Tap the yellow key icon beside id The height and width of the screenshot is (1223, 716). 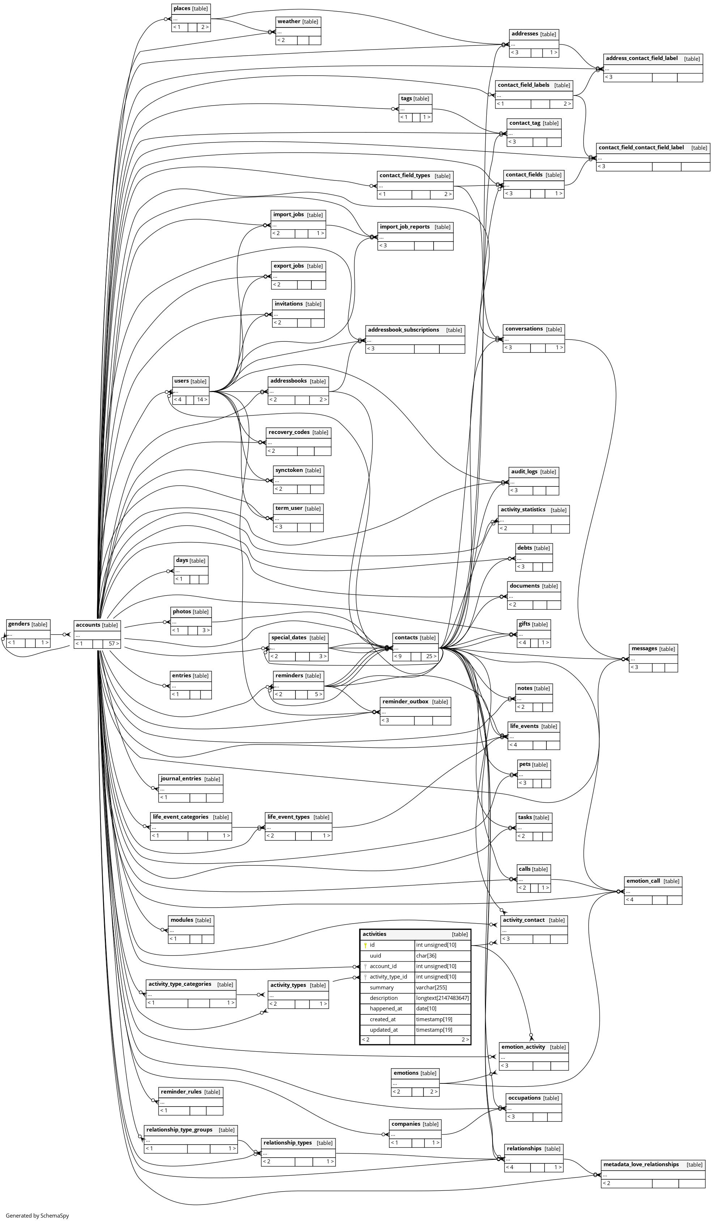click(x=365, y=945)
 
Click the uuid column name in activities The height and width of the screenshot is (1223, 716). click(x=375, y=956)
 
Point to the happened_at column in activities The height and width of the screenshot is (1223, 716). click(x=385, y=1009)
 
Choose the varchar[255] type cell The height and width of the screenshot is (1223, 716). click(x=431, y=988)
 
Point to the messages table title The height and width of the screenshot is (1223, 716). click(x=644, y=648)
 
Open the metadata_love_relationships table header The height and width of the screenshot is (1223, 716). click(x=641, y=1164)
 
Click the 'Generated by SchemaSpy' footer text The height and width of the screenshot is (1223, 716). click(x=37, y=1216)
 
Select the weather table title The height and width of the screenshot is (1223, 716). click(x=289, y=21)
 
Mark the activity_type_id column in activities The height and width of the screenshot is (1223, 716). click(x=388, y=977)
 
